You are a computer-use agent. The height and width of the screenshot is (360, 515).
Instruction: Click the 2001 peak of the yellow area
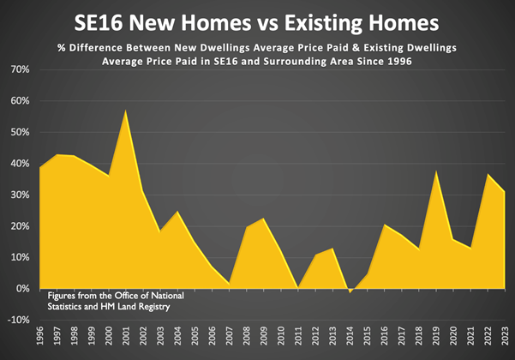tap(127, 111)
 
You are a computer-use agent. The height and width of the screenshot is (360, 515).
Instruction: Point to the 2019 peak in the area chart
tap(437, 171)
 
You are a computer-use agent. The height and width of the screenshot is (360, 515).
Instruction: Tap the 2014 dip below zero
tap(350, 292)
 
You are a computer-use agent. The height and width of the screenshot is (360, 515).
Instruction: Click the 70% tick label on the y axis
tap(19, 69)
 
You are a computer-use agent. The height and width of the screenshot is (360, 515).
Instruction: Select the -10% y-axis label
tap(17, 321)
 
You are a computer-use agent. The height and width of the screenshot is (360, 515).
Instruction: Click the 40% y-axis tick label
tap(19, 164)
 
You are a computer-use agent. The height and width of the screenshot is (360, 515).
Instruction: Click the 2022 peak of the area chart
tap(488, 175)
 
